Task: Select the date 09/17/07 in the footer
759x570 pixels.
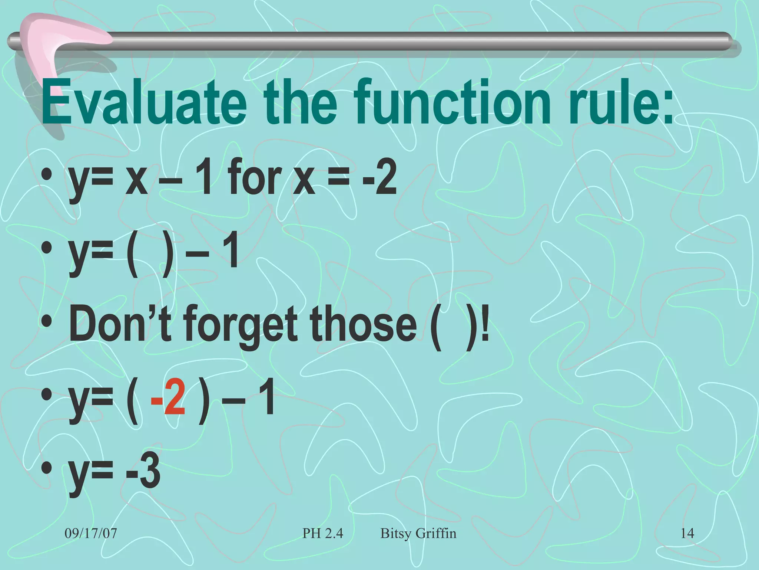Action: [x=91, y=533]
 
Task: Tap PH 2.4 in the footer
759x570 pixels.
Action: [x=323, y=533]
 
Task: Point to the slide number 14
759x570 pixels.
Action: [x=687, y=533]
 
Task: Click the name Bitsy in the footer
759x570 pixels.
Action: [x=396, y=533]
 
